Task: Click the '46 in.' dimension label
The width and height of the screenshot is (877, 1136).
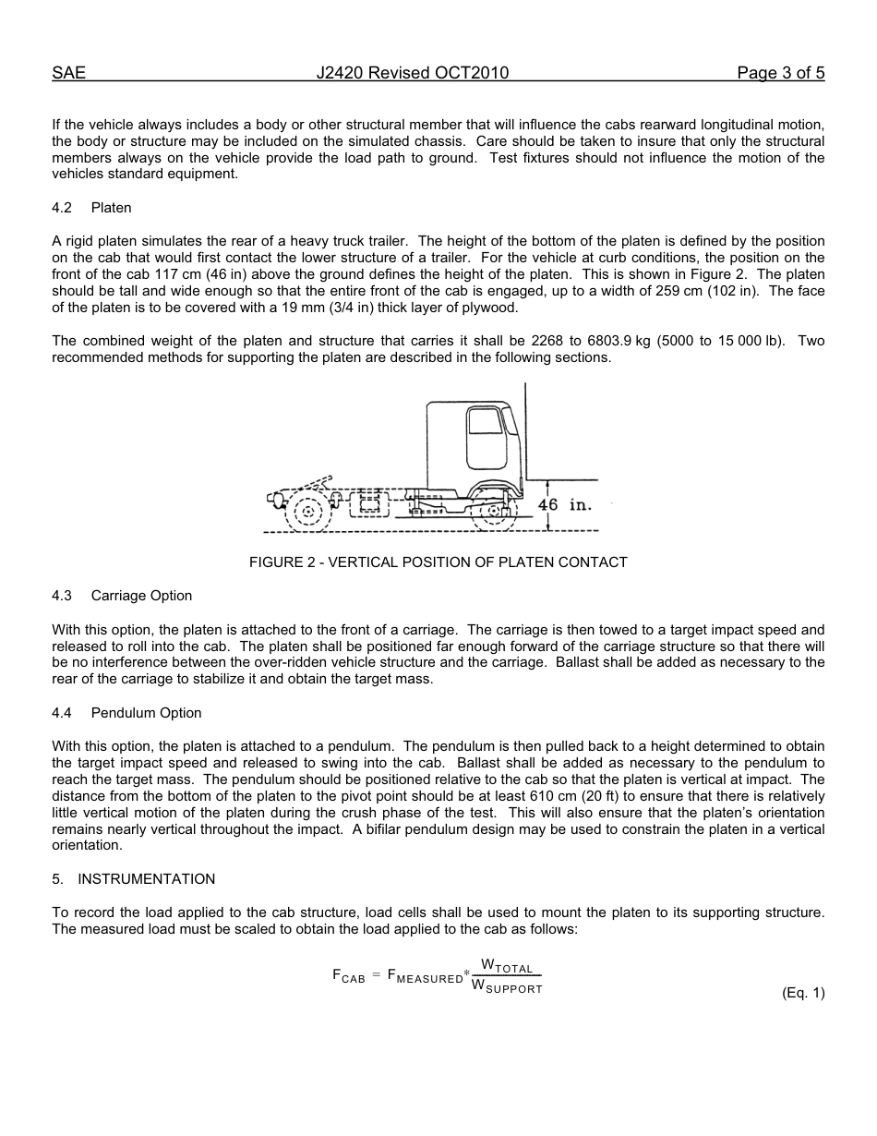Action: [564, 505]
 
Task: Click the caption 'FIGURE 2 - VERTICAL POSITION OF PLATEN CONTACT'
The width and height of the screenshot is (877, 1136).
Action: [438, 562]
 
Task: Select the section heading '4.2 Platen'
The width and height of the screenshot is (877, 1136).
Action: [91, 208]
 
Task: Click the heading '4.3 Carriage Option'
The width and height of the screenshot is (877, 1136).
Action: [122, 596]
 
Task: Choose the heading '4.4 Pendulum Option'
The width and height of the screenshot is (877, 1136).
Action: [126, 713]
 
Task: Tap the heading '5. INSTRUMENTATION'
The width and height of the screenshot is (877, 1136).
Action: [134, 879]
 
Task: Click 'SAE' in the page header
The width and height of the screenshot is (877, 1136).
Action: [69, 74]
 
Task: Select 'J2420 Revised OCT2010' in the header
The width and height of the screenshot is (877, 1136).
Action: [412, 74]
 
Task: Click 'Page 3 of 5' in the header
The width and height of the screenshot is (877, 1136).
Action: [780, 74]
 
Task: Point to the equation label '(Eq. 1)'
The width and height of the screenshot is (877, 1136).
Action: [802, 993]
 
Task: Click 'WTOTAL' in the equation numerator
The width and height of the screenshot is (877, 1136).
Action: [507, 967]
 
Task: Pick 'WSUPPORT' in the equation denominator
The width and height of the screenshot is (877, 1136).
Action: [507, 987]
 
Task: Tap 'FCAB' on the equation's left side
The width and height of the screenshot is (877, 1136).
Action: [349, 976]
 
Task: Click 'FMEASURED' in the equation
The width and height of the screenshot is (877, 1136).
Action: [425, 976]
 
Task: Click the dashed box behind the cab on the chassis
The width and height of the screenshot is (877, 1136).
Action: [370, 503]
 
